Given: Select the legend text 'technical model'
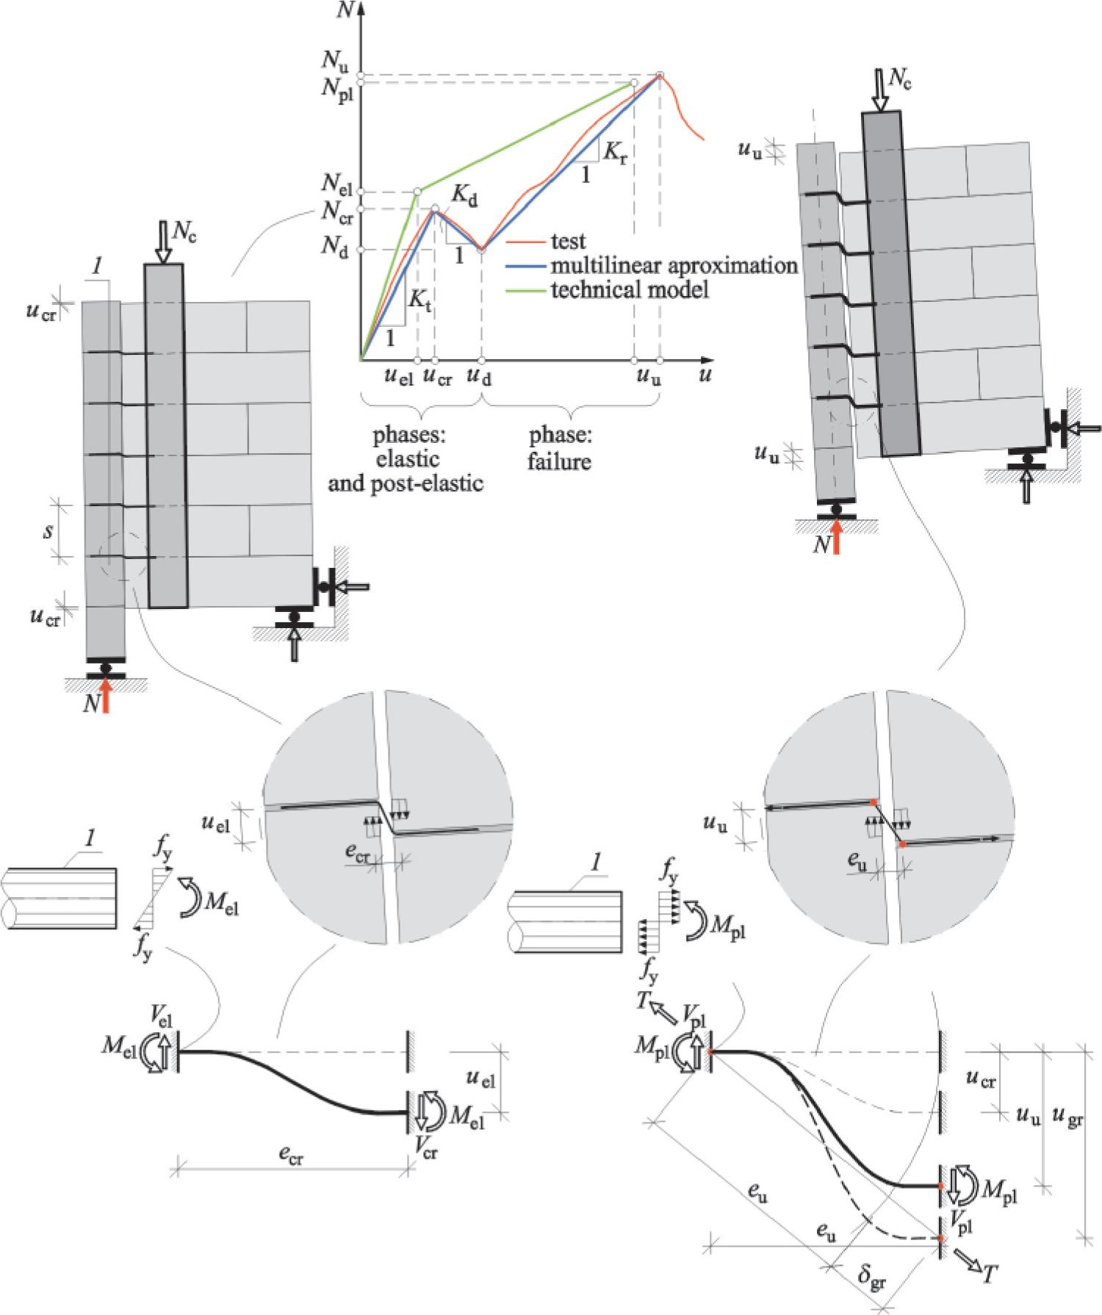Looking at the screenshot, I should (630, 289).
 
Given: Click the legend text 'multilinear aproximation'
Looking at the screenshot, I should (674, 265).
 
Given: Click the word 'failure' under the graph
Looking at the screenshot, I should (559, 463).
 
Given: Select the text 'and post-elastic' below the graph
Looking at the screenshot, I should (406, 483).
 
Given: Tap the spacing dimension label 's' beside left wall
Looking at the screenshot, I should (47, 530).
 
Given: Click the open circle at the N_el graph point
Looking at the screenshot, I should (417, 192).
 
